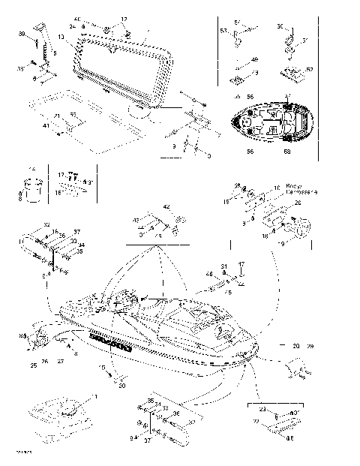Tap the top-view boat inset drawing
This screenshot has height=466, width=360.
coord(271,122)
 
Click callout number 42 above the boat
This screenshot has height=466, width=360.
coord(166,206)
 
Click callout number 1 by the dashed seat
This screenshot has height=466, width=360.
coord(94,395)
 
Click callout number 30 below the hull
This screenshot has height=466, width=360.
coord(122,386)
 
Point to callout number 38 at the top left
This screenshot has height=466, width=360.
coord(22,35)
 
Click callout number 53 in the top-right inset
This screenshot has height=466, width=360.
coord(223,31)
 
